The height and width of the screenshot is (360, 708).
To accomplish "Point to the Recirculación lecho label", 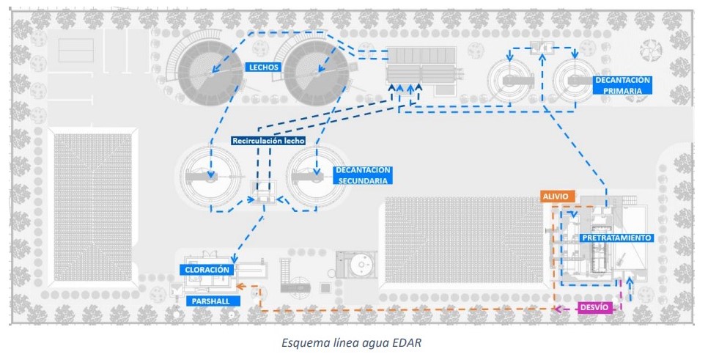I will coord(268,140).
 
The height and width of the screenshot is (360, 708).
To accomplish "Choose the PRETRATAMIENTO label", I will coord(616,238).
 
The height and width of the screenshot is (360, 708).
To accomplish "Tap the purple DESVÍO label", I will coord(592,307).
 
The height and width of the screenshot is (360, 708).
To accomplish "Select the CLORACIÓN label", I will coord(206,270).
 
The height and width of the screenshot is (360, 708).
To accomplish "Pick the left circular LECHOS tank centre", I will coord(211,72).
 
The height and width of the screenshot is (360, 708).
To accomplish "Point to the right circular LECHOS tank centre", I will coord(317,72).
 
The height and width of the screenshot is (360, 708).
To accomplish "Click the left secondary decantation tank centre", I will coord(211,177).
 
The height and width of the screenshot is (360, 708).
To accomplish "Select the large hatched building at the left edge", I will coord(92,194).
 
